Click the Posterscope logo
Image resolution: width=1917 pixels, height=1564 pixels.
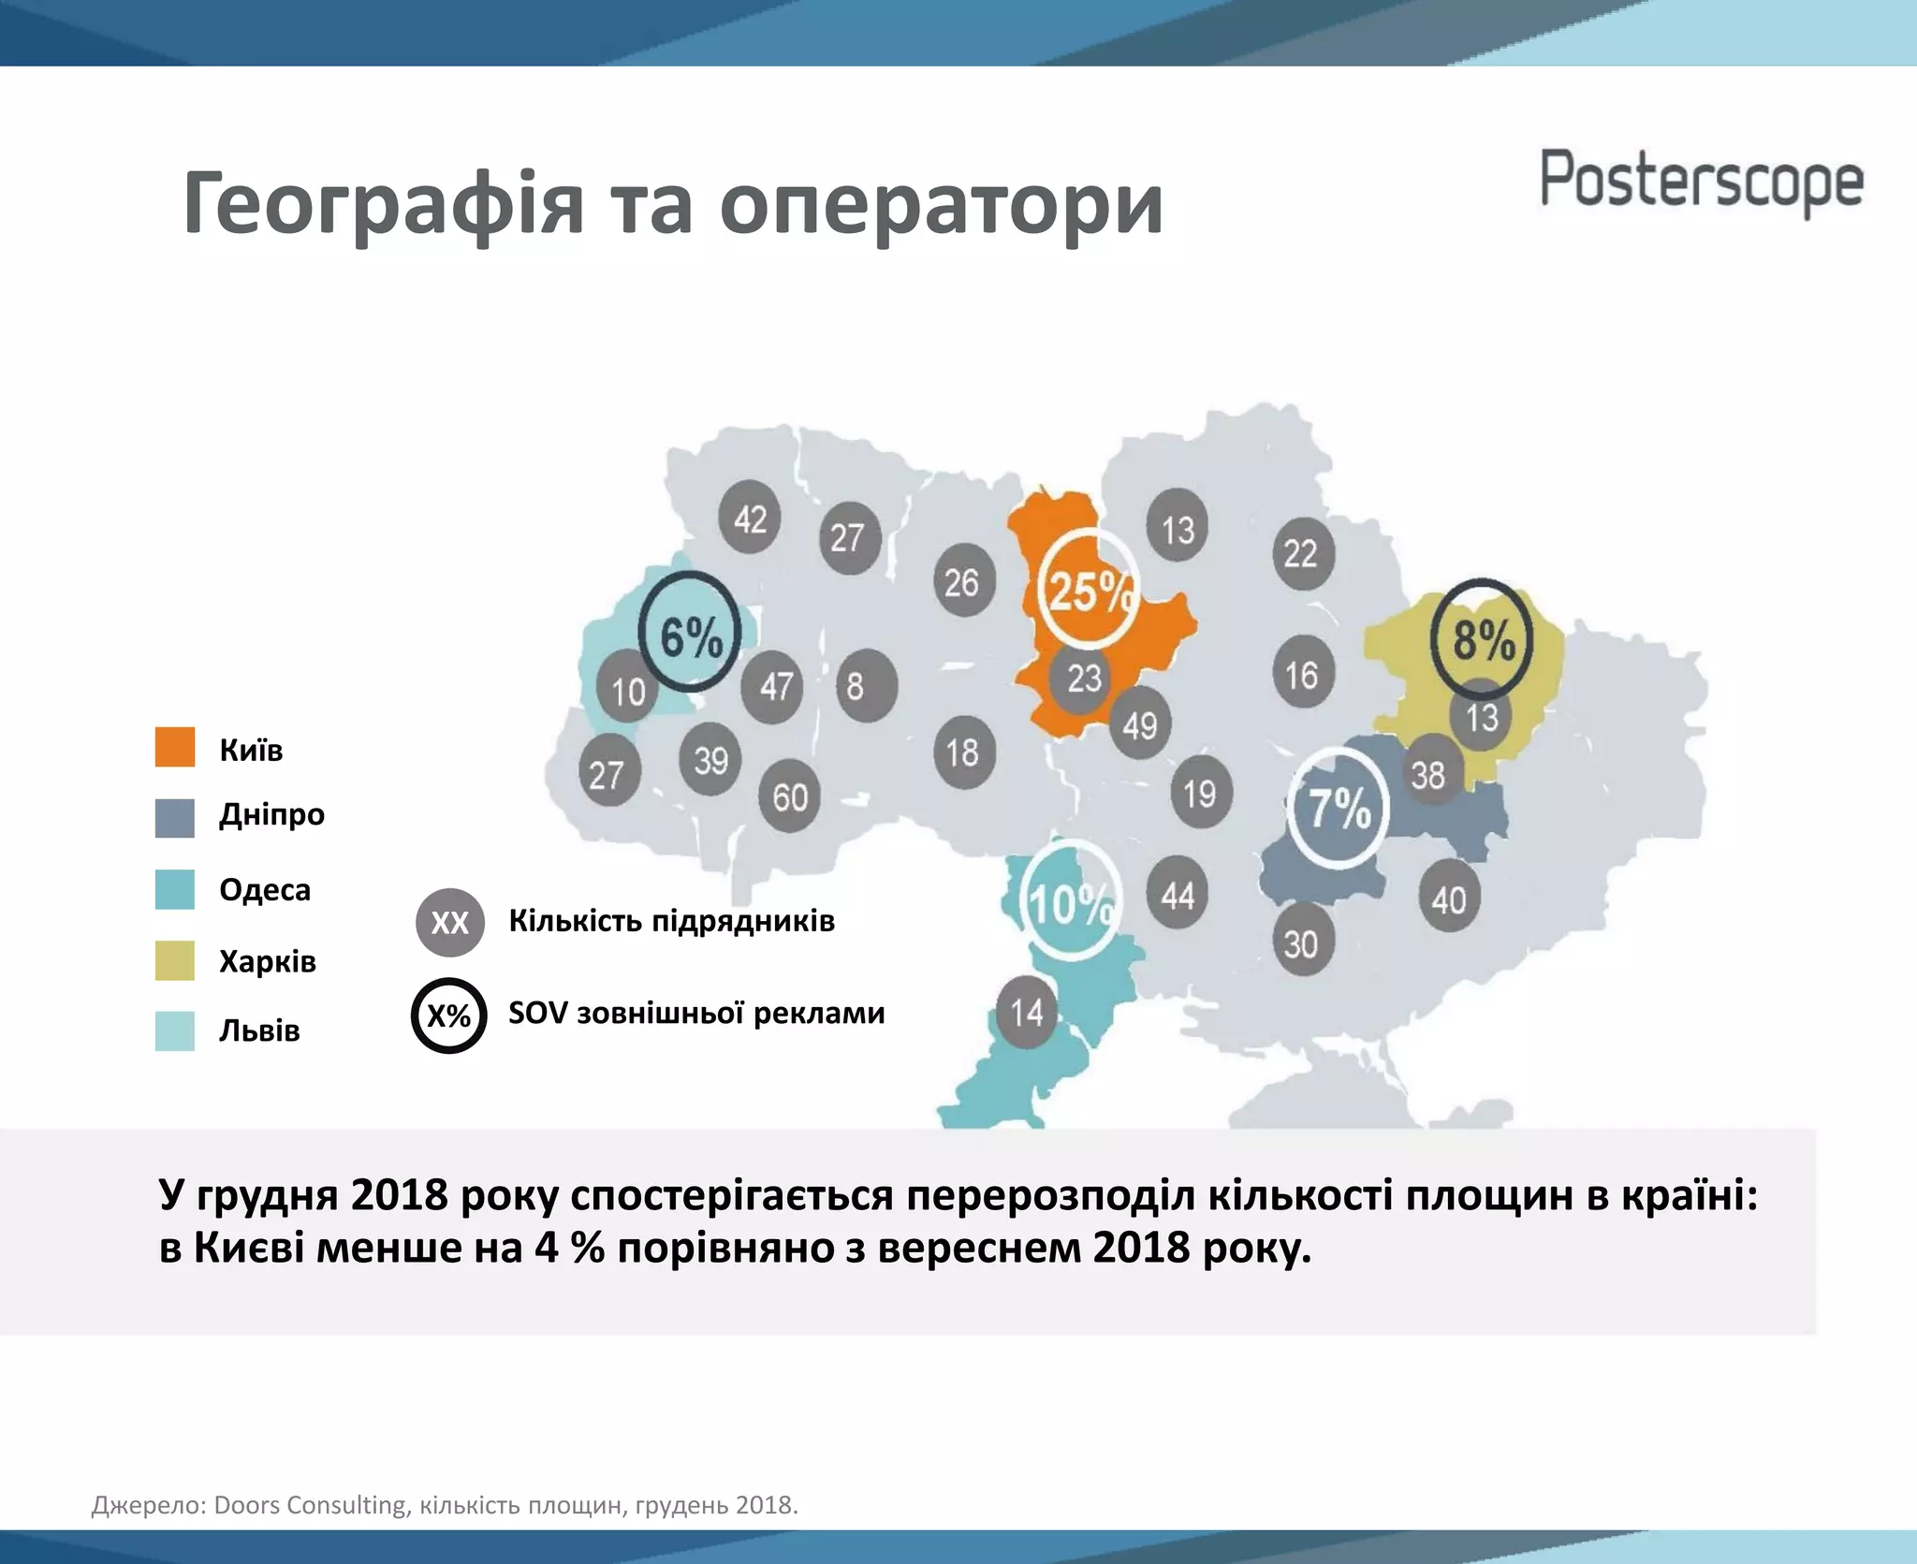pyautogui.click(x=1701, y=182)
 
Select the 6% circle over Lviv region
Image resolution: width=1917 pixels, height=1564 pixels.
pyautogui.click(x=690, y=634)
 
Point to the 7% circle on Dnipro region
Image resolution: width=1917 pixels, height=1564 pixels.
pyautogui.click(x=1338, y=806)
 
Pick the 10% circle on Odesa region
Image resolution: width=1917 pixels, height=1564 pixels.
pyautogui.click(x=1069, y=902)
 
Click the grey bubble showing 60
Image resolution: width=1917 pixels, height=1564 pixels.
pyautogui.click(x=790, y=797)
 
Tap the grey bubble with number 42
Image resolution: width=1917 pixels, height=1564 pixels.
pyautogui.click(x=750, y=518)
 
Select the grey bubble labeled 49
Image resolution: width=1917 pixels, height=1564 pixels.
pyautogui.click(x=1139, y=724)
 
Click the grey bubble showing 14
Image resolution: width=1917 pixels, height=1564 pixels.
pyautogui.click(x=1026, y=1011)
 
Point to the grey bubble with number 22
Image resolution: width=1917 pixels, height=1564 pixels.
pyautogui.click(x=1302, y=553)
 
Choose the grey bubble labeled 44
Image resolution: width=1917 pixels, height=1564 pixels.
pyautogui.click(x=1178, y=895)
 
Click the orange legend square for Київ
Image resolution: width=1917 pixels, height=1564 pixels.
pyautogui.click(x=175, y=747)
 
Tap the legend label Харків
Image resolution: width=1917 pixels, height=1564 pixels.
pyautogui.click(x=268, y=961)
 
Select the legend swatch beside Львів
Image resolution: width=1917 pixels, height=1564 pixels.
pyautogui.click(x=175, y=1030)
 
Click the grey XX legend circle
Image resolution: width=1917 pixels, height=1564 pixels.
pyautogui.click(x=449, y=923)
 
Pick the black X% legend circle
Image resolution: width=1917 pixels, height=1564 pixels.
pyautogui.click(x=449, y=1016)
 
